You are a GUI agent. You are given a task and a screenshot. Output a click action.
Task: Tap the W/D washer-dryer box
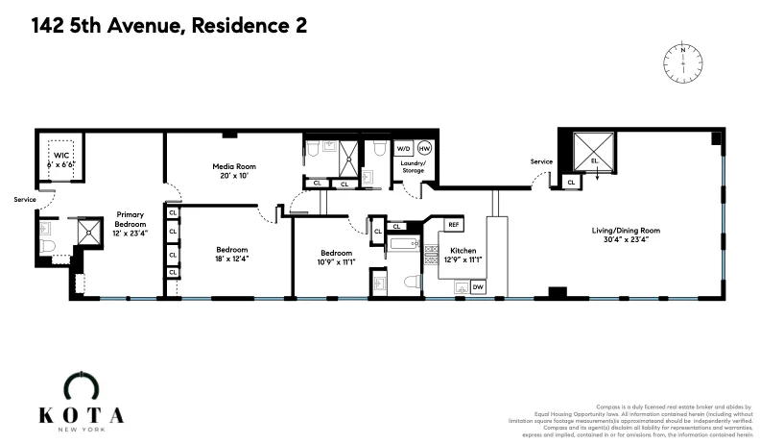[404, 149]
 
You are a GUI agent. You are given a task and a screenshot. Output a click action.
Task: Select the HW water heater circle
[424, 149]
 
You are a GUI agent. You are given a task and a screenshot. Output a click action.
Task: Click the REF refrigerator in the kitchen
[454, 224]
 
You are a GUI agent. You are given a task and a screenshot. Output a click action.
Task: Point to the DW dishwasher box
[477, 286]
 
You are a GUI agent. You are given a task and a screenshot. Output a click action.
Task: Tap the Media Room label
[231, 166]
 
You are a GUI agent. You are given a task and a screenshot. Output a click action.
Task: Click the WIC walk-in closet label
[61, 155]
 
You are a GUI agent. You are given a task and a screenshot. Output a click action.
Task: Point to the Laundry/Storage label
[413, 167]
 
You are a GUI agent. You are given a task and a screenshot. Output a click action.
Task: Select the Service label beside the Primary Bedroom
[24, 200]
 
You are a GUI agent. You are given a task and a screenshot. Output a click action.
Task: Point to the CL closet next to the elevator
[571, 181]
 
